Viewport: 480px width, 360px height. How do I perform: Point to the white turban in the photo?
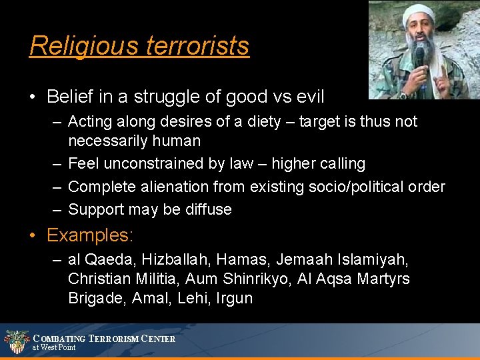tap(418, 14)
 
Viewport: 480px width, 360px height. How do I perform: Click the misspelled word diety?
tap(268, 122)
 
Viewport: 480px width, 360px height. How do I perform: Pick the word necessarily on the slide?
tap(111, 141)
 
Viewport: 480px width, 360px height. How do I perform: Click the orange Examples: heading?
tap(90, 235)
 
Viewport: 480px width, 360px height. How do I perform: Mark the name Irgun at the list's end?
tap(234, 298)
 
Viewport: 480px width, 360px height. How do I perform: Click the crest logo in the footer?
tap(16, 341)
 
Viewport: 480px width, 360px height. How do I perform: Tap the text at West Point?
tap(55, 348)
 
